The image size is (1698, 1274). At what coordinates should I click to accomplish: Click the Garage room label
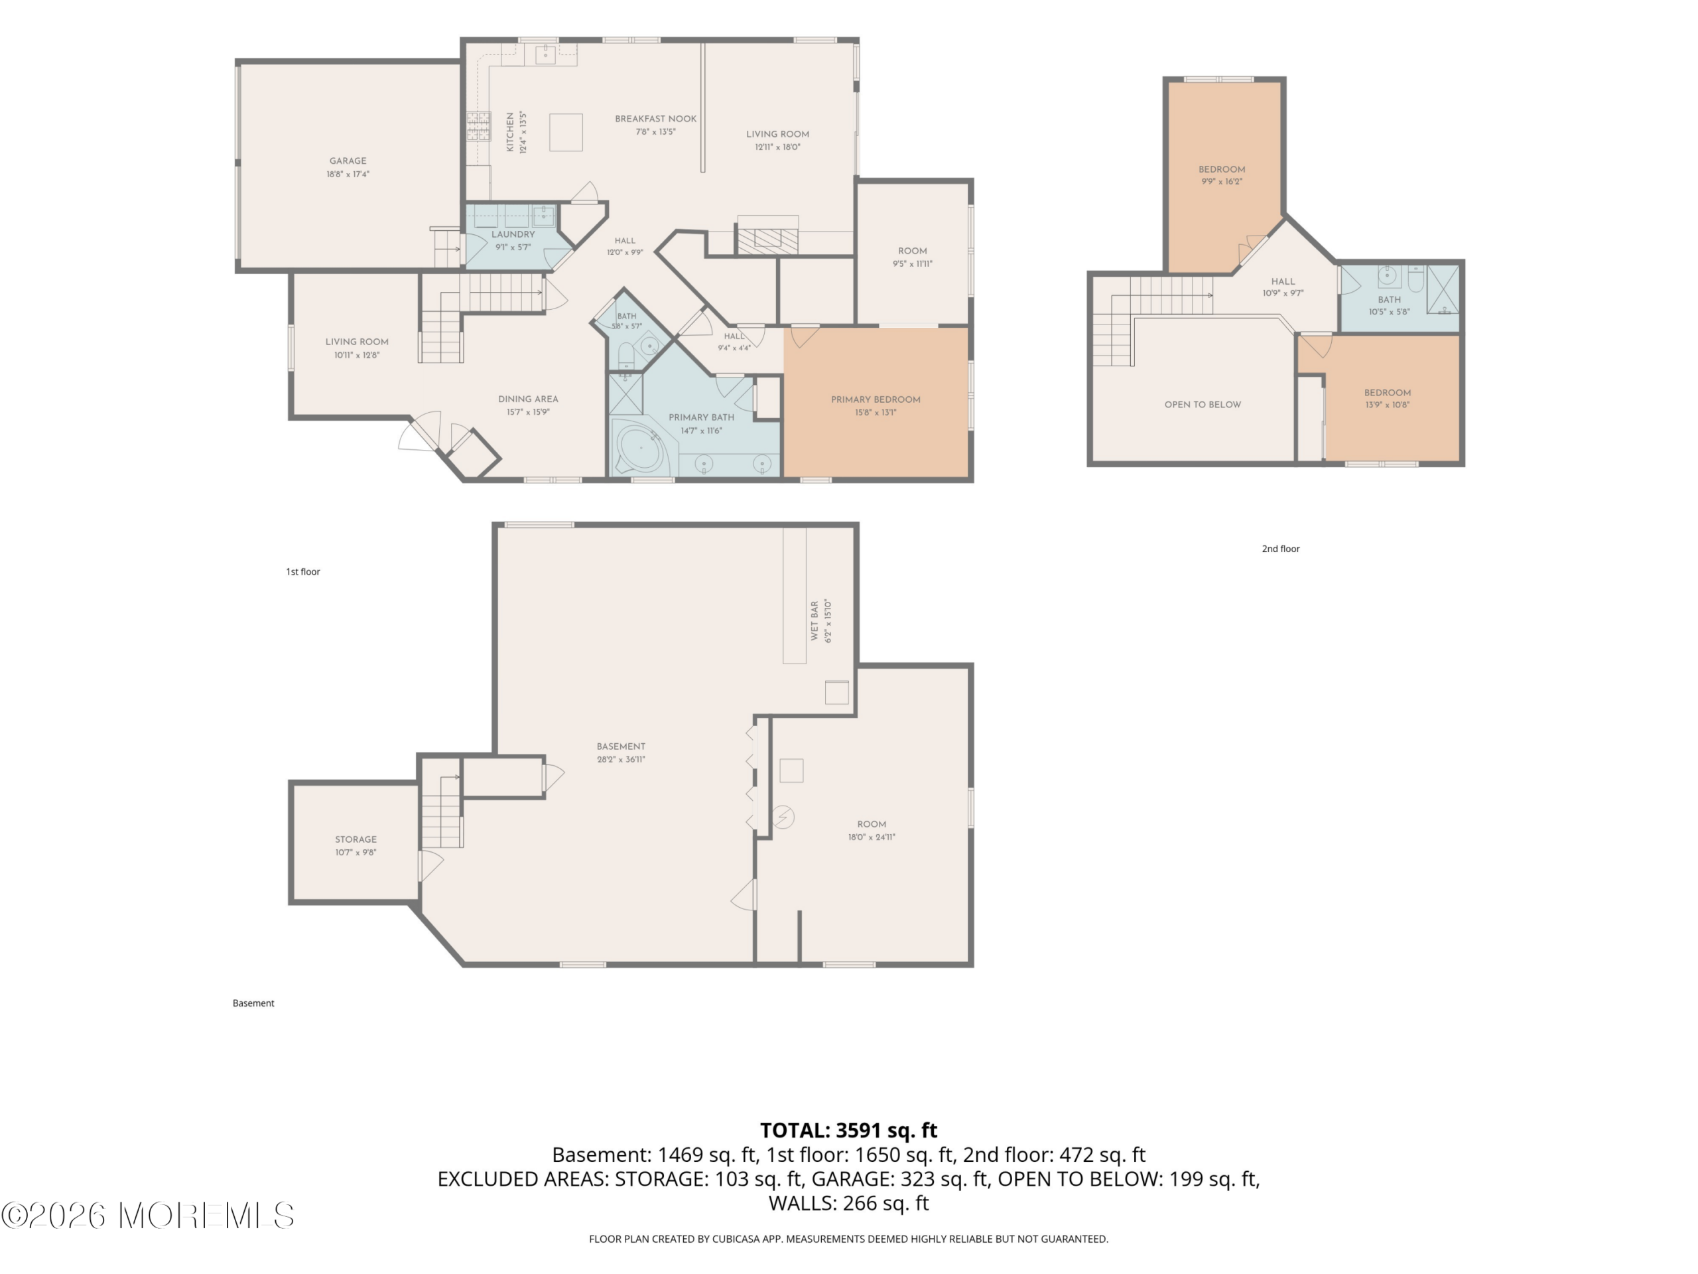tap(348, 161)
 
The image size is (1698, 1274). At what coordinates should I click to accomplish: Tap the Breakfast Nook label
tap(655, 119)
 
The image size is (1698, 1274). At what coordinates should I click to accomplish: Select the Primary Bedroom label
tap(875, 399)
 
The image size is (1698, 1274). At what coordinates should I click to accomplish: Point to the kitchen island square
tap(566, 132)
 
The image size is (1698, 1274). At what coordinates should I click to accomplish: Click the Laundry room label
tap(513, 234)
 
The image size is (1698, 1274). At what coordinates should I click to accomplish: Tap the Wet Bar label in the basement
tap(815, 620)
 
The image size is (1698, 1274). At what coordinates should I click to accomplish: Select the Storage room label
tap(356, 839)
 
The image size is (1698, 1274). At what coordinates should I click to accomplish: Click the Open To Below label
tap(1202, 405)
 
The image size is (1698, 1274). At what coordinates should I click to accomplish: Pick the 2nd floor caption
tap(1280, 548)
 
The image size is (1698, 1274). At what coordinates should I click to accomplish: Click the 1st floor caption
tap(302, 571)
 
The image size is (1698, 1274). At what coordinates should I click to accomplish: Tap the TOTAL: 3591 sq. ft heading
tap(848, 1131)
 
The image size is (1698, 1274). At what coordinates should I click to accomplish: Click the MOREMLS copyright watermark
tap(147, 1216)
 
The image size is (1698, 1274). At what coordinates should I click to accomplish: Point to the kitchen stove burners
tap(478, 127)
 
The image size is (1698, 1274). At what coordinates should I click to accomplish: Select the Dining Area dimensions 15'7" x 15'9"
tap(527, 412)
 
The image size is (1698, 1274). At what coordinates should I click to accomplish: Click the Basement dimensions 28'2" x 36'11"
tap(621, 760)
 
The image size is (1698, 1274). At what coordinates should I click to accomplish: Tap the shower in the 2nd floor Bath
tap(1443, 289)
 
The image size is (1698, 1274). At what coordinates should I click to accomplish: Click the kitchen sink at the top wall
tap(545, 54)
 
